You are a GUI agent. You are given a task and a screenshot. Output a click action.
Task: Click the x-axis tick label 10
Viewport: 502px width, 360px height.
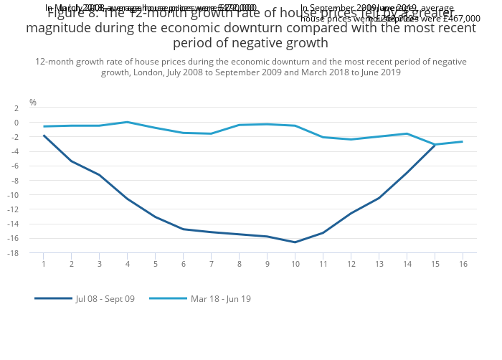(295, 265)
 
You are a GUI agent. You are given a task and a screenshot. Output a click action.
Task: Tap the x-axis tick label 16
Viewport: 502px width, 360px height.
(463, 265)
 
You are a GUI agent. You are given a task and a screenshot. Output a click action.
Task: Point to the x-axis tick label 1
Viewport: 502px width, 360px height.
(44, 265)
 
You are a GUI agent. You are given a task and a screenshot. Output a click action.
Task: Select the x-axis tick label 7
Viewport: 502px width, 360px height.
(211, 265)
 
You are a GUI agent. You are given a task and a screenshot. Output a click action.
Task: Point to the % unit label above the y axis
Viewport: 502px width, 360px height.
(33, 103)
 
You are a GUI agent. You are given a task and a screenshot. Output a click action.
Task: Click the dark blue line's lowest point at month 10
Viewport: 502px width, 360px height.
(295, 242)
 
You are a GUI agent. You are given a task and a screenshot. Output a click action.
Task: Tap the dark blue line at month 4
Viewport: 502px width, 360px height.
(127, 199)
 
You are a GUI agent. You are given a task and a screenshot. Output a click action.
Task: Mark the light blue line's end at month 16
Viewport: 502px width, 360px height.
(463, 141)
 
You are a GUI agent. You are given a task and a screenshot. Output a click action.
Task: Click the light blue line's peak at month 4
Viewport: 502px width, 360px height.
(127, 122)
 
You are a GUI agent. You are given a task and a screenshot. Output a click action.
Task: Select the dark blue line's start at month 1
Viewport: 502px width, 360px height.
(44, 136)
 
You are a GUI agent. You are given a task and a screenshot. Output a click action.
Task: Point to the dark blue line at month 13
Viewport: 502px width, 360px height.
(379, 198)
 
